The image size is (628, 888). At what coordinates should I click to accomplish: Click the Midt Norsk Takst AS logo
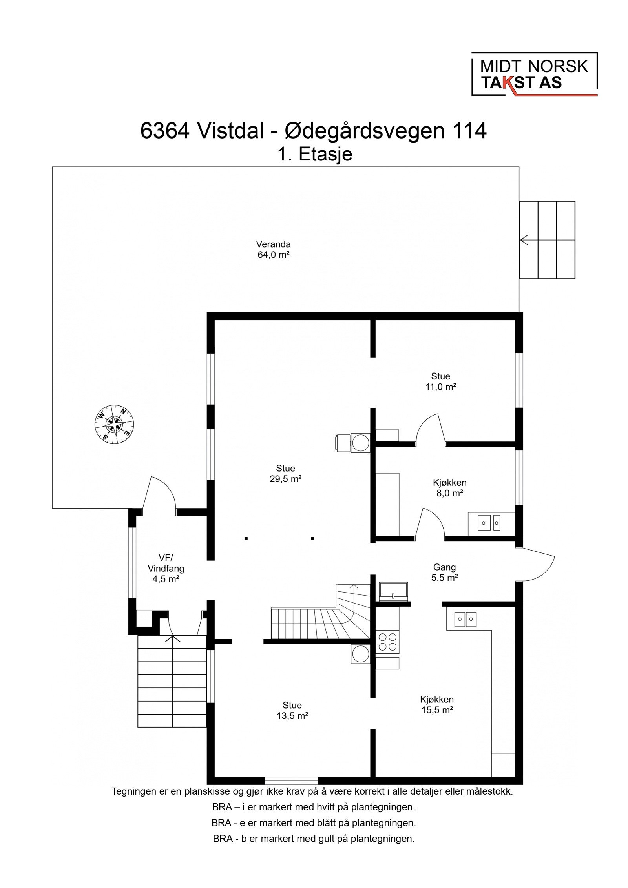(534, 75)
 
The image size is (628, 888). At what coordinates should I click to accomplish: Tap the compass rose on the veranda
(114, 424)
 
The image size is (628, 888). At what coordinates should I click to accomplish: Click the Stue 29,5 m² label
(285, 473)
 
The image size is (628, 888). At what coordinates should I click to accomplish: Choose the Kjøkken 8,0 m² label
(449, 488)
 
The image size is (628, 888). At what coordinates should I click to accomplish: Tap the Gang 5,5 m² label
(444, 572)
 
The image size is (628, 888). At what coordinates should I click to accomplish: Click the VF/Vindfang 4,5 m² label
(165, 568)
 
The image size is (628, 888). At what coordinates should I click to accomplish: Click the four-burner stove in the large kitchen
(387, 642)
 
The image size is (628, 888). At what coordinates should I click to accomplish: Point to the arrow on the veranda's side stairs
(524, 240)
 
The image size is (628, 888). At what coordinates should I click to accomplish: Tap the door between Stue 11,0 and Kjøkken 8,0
(430, 430)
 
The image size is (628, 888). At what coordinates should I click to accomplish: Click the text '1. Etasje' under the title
(314, 154)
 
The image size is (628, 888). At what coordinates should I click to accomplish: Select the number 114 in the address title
(469, 131)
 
